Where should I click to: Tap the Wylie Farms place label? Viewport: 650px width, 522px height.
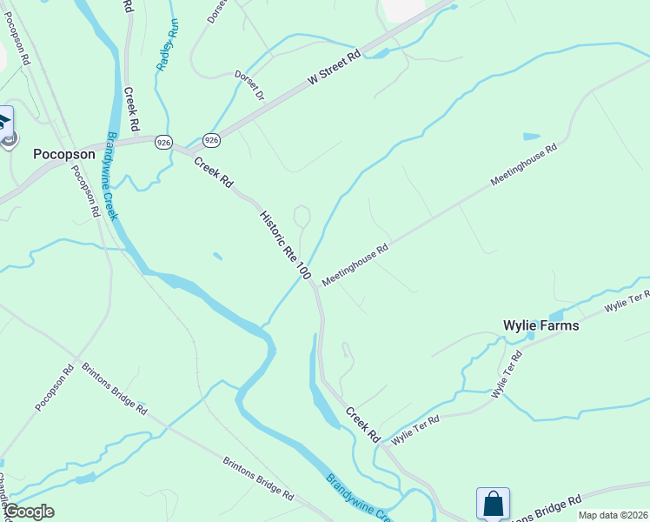[541, 325]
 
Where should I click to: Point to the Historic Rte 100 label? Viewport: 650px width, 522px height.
[284, 244]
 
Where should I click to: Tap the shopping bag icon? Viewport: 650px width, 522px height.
[493, 504]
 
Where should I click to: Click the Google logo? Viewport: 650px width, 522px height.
[28, 512]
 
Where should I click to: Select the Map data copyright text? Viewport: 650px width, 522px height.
[612, 515]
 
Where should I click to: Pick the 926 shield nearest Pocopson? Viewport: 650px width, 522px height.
[164, 141]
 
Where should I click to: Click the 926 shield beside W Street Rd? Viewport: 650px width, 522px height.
[211, 139]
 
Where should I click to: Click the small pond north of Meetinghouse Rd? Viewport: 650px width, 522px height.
[531, 137]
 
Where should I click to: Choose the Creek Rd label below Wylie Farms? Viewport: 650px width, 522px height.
[363, 423]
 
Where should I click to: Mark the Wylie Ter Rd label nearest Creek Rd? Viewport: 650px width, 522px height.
[415, 430]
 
